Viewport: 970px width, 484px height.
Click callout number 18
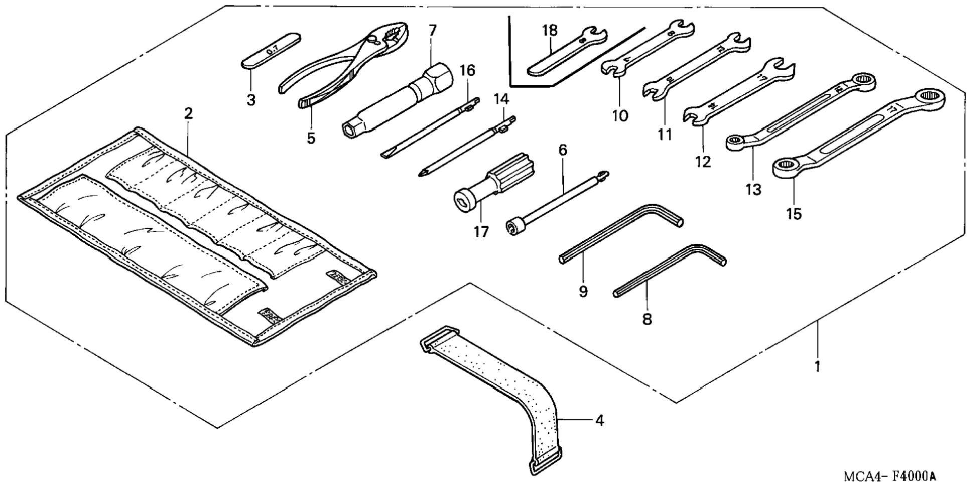[x=550, y=31]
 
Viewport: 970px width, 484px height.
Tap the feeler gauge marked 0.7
[x=271, y=50]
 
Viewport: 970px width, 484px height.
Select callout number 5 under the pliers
[x=311, y=138]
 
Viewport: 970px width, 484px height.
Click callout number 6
[x=562, y=149]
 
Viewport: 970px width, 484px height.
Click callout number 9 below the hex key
[x=583, y=291]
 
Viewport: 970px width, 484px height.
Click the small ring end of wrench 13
[x=736, y=143]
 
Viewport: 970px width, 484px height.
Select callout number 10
[x=620, y=115]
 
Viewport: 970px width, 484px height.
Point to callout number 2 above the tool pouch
[x=188, y=113]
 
